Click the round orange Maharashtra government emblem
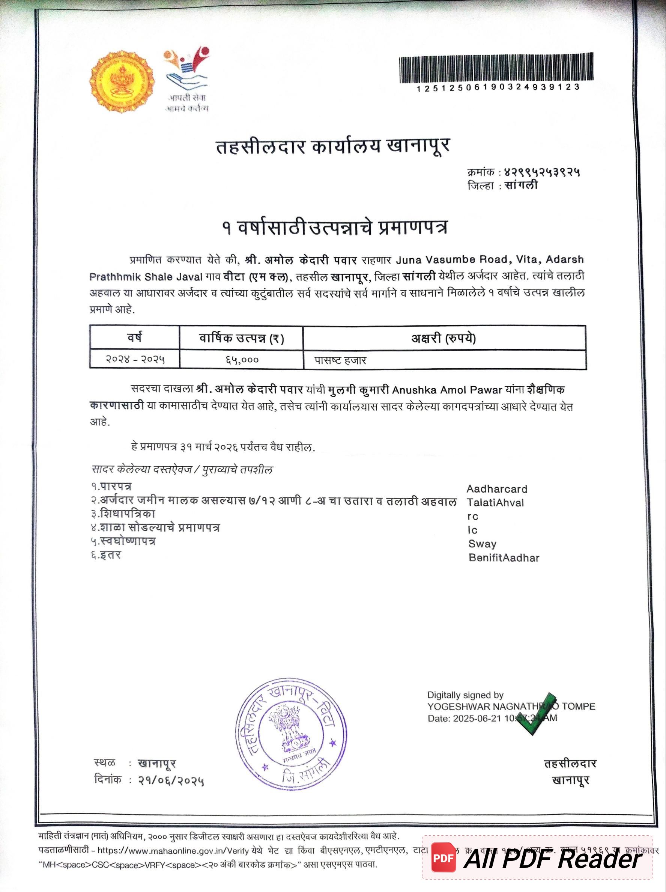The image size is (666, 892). point(122,81)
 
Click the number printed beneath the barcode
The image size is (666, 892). point(498,87)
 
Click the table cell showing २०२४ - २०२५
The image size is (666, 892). point(135,359)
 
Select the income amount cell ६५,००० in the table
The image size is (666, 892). point(242,360)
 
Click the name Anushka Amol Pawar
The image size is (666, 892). point(447,390)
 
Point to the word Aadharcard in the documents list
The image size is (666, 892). point(497,489)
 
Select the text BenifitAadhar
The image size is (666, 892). point(504,558)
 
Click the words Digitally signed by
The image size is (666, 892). point(465,695)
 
